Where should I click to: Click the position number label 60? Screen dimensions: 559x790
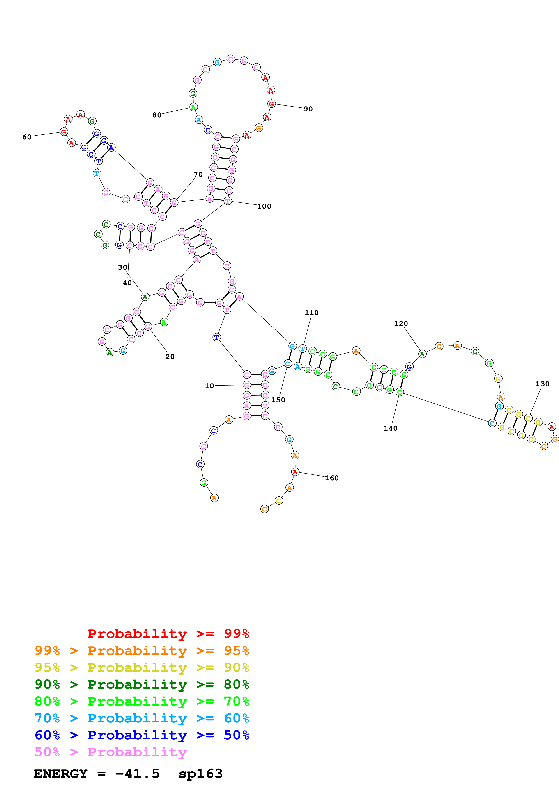point(27,137)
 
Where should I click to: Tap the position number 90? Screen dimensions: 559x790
point(308,109)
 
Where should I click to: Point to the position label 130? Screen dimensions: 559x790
point(542,384)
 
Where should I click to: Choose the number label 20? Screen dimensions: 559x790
point(170,357)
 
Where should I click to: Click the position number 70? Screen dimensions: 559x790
point(198,175)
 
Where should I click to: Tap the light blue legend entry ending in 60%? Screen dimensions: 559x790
point(142,718)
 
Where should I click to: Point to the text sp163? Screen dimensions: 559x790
point(200,774)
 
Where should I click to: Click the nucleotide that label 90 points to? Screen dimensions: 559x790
point(271,104)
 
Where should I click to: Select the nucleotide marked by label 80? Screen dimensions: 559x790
point(193,107)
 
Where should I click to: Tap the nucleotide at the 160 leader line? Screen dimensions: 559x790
point(295,472)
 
